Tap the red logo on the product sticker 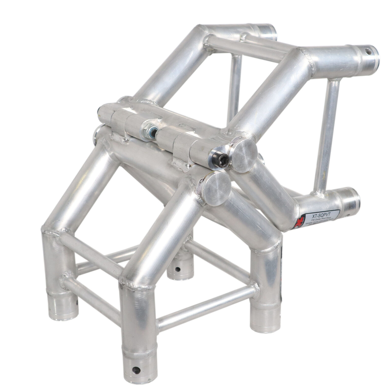point(302,220)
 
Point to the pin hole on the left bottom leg point(77,302)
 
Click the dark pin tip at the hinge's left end point(99,110)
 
